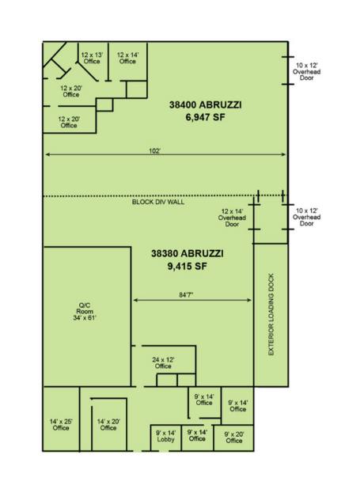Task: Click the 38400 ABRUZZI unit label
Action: tap(205, 104)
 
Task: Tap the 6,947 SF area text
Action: tap(205, 118)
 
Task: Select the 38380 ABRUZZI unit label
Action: tap(188, 253)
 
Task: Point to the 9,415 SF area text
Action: tap(188, 267)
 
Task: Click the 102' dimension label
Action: tap(154, 151)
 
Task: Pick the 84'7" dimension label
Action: tap(186, 294)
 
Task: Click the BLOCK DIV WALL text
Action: tap(158, 202)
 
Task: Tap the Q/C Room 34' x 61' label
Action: tap(85, 312)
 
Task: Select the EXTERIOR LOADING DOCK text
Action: tap(271, 314)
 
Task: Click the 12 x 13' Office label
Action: tap(92, 58)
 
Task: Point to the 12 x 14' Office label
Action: tap(127, 58)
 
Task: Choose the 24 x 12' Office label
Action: tap(163, 362)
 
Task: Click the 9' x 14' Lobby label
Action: tap(165, 436)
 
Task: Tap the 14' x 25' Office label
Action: tap(61, 425)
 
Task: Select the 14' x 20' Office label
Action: tap(108, 425)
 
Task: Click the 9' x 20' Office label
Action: tap(234, 438)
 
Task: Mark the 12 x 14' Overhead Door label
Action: tap(232, 218)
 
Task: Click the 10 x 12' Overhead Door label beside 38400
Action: tap(306, 71)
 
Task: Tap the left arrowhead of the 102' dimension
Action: tap(47, 154)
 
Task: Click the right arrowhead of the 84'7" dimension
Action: tap(249, 300)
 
